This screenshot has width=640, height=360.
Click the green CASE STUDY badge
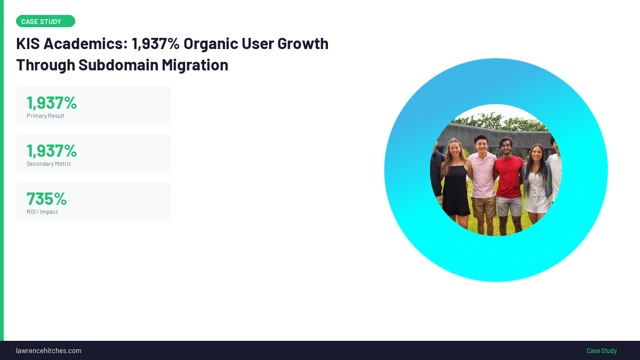(x=45, y=21)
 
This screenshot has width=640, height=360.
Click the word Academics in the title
(x=85, y=44)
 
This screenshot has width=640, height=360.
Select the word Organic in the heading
(x=211, y=44)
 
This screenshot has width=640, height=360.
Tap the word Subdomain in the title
(x=118, y=65)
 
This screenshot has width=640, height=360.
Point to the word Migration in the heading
(x=195, y=66)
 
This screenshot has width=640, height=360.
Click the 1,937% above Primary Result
(x=52, y=103)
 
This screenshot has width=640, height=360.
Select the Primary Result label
(x=45, y=116)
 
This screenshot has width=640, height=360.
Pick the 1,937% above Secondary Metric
(x=52, y=151)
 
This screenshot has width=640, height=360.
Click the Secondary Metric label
(x=49, y=164)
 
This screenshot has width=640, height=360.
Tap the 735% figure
(x=46, y=199)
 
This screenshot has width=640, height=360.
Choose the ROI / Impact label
(x=42, y=212)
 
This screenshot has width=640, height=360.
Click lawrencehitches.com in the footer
(x=49, y=350)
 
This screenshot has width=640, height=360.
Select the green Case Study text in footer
(x=602, y=350)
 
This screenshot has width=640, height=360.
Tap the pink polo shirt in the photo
(x=483, y=175)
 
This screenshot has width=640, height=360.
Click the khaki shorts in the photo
(x=484, y=207)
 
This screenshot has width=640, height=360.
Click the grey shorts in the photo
(x=509, y=206)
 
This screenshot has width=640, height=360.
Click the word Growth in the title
(x=303, y=44)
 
